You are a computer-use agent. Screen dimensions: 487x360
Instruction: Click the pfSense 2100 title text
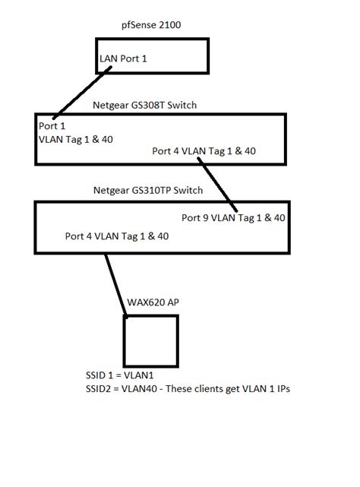[150, 25]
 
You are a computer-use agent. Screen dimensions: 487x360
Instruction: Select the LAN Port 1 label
[125, 59]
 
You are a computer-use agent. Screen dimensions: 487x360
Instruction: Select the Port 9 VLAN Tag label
[233, 217]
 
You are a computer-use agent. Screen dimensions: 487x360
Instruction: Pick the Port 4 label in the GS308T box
[204, 151]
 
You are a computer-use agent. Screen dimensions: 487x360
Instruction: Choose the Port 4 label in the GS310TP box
[117, 236]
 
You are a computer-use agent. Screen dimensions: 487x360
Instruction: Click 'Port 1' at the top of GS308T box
[52, 126]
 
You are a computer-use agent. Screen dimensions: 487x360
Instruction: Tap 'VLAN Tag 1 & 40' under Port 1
[77, 139]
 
